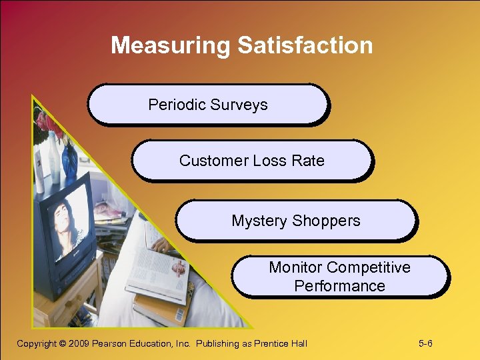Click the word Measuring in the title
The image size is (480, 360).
click(x=171, y=45)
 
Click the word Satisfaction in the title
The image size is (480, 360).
click(x=305, y=45)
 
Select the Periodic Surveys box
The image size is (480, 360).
click(x=208, y=105)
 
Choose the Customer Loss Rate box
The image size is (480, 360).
click(x=252, y=161)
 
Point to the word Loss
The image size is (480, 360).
click(x=270, y=161)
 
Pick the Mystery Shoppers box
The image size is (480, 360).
click(x=296, y=221)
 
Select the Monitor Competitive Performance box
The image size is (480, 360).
click(x=339, y=277)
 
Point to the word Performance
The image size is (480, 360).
click(x=339, y=286)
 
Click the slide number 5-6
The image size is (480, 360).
click(x=425, y=343)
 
